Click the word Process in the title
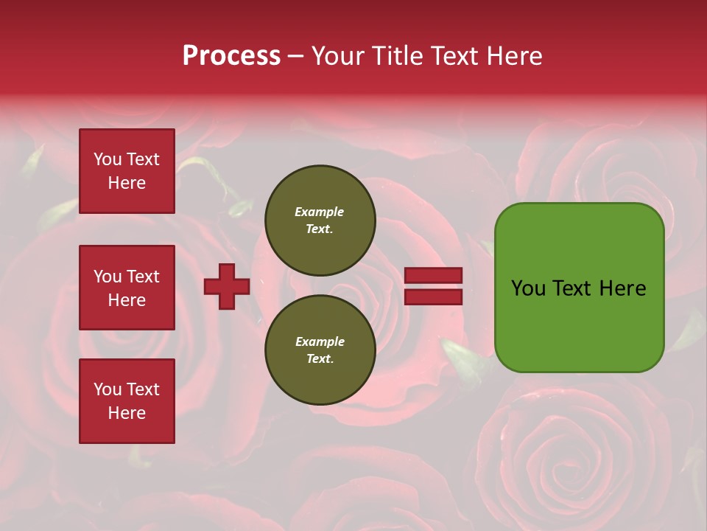point(231,56)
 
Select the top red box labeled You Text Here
point(127,171)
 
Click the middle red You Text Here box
point(127,288)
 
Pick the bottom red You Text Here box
point(127,401)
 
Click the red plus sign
point(227,286)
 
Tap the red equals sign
point(434,286)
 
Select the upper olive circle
point(320,220)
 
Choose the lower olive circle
point(320,350)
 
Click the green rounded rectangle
point(579,288)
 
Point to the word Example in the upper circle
point(320,212)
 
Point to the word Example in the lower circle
point(320,341)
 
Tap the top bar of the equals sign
point(434,276)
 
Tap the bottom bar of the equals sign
point(434,296)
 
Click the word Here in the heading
point(516,56)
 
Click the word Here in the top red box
point(127,183)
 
